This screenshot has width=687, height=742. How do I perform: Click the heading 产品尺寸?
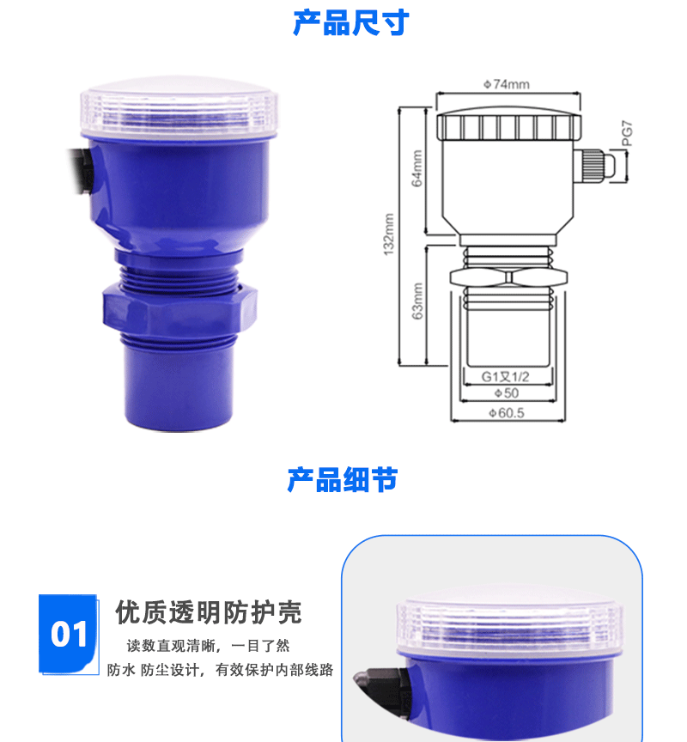click(x=350, y=22)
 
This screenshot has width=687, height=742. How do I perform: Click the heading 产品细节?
click(x=343, y=480)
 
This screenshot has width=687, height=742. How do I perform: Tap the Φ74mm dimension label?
click(x=507, y=84)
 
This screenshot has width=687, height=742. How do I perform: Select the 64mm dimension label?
click(x=416, y=168)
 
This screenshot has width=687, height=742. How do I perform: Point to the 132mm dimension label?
click(x=388, y=234)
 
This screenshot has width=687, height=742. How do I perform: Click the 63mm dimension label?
click(x=417, y=301)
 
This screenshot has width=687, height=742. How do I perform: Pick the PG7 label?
click(x=627, y=133)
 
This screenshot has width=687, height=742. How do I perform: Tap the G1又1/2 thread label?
click(x=505, y=377)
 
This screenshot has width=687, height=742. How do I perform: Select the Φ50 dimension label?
click(x=507, y=393)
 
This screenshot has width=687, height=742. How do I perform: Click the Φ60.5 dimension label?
click(x=507, y=413)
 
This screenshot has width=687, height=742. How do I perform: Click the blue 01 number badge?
click(x=69, y=634)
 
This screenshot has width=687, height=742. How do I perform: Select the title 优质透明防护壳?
click(x=208, y=612)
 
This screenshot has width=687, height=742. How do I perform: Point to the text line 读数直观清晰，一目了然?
click(x=208, y=646)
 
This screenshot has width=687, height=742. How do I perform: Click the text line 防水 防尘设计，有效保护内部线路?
click(x=220, y=670)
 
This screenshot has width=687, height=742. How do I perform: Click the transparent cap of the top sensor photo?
click(x=179, y=111)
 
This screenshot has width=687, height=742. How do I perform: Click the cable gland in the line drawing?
click(x=594, y=165)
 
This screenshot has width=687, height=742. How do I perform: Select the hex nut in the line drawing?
click(x=508, y=277)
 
